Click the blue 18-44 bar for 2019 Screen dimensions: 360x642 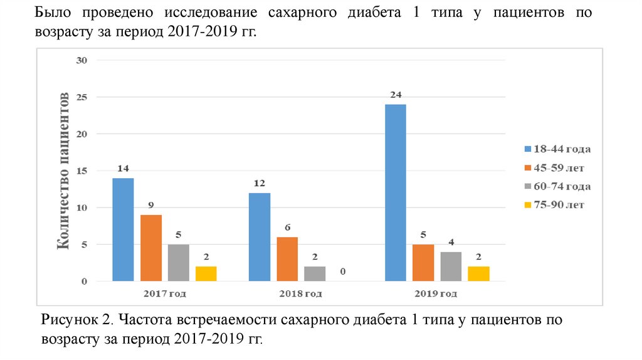tap(395, 193)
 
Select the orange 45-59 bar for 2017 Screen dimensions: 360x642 tap(150, 248)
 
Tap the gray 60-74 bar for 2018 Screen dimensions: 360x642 tap(315, 273)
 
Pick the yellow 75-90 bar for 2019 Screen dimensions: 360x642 tap(479, 273)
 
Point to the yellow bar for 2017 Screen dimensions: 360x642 tap(206, 273)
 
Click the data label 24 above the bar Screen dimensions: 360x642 tap(395, 95)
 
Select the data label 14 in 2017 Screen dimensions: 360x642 tap(123, 169)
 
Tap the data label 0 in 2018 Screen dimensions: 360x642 tap(344, 272)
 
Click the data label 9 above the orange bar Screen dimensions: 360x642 tap(151, 205)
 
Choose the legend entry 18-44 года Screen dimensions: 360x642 tap(557, 149)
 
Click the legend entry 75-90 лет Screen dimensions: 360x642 tap(557, 205)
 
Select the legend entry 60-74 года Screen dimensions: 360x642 tap(557, 186)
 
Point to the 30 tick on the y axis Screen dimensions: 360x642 tap(82, 60)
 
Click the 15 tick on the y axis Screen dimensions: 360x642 tap(82, 171)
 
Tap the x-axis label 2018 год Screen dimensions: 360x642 tap(301, 294)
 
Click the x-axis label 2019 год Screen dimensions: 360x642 tap(437, 294)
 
